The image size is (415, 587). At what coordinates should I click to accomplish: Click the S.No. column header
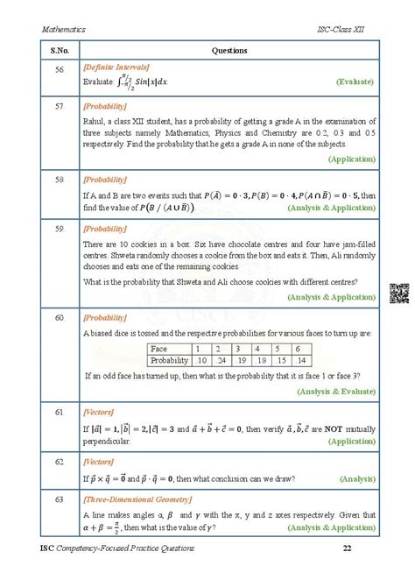click(x=57, y=51)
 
